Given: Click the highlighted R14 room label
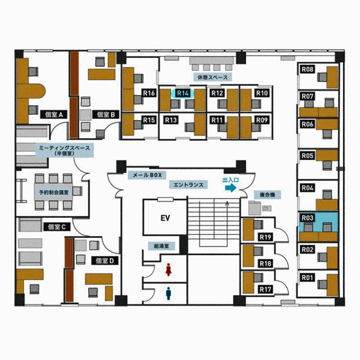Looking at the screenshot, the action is tap(182, 93).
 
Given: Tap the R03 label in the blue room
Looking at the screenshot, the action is tap(308, 218).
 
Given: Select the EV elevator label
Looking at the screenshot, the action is tap(165, 218).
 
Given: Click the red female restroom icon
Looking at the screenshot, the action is tap(169, 269).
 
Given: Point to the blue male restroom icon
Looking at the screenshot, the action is tap(169, 294).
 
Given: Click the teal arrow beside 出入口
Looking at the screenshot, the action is tap(231, 188).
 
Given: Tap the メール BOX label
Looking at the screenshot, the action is tap(147, 175).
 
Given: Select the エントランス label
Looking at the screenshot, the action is tap(188, 185).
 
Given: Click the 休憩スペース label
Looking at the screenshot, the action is tap(213, 77).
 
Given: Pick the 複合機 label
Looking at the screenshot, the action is tap(267, 195).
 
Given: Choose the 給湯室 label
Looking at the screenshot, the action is tap(161, 246).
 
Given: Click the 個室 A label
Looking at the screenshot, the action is tap(54, 114).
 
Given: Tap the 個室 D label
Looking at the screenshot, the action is tap(105, 261).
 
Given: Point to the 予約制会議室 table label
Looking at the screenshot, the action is tap(54, 192).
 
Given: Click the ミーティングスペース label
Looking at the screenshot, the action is tap(65, 150).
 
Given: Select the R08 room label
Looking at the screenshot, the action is tap(308, 69).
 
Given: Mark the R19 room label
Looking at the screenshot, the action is tap(265, 237).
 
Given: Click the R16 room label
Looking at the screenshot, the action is tap(149, 93).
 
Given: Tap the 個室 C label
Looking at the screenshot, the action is tap(57, 227).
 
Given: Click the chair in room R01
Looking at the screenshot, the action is tap(322, 285).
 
